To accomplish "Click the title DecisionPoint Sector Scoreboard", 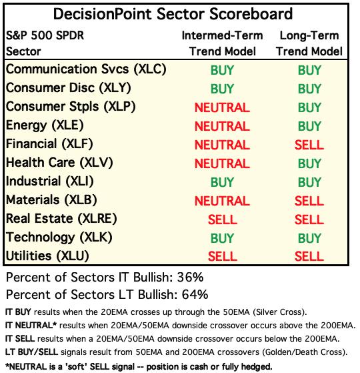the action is pyautogui.click(x=173, y=14).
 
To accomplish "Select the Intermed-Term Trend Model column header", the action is pyautogui.click(x=223, y=43).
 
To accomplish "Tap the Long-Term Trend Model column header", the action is pyautogui.click(x=309, y=43).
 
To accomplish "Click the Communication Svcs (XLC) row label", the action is pyautogui.click(x=86, y=69).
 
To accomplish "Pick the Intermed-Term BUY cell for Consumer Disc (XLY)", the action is pyautogui.click(x=222, y=89).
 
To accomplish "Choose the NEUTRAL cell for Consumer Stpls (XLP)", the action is pyautogui.click(x=222, y=107).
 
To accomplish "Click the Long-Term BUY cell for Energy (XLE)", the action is pyautogui.click(x=309, y=126).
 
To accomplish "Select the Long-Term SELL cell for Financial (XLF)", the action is pyautogui.click(x=309, y=145).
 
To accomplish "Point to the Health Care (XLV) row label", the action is pyautogui.click(x=59, y=163).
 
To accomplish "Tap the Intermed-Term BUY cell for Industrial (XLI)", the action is pyautogui.click(x=222, y=182).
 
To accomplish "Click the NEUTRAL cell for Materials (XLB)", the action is pyautogui.click(x=222, y=201).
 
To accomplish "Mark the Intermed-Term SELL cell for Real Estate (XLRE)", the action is pyautogui.click(x=223, y=220).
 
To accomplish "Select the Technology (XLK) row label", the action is pyautogui.click(x=59, y=238).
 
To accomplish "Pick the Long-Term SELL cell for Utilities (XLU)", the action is pyautogui.click(x=309, y=256).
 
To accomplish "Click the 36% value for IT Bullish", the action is pyautogui.click(x=190, y=277).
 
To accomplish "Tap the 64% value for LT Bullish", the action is pyautogui.click(x=195, y=294).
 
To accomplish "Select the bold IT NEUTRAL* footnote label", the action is pyautogui.click(x=31, y=325).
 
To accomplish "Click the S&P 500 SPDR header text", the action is pyautogui.click(x=45, y=35).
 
